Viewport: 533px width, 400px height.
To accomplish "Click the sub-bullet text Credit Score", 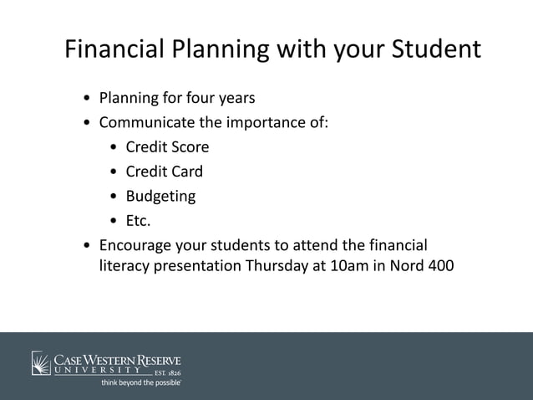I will click(x=167, y=147).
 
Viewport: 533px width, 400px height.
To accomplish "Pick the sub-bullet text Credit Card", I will click(x=164, y=172).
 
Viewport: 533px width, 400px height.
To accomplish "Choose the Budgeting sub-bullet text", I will click(x=160, y=197).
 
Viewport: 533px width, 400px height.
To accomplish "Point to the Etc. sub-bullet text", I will click(x=138, y=221).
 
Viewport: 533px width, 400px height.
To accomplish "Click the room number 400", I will click(x=439, y=269).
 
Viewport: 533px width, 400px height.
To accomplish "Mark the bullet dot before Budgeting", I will click(x=114, y=197).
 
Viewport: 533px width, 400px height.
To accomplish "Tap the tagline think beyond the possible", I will click(x=140, y=382).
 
